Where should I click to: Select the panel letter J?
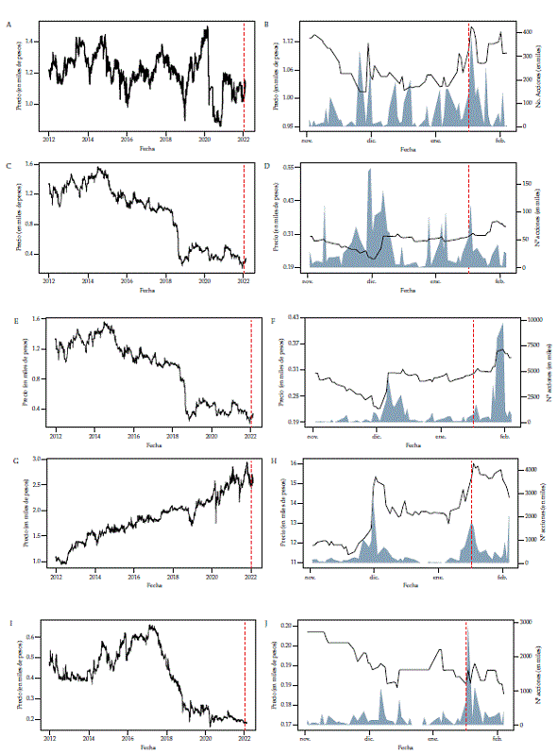(x=274, y=621)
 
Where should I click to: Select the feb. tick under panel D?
(x=500, y=281)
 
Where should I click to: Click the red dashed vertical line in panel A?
(x=244, y=80)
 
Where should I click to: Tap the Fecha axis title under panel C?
(x=147, y=290)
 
